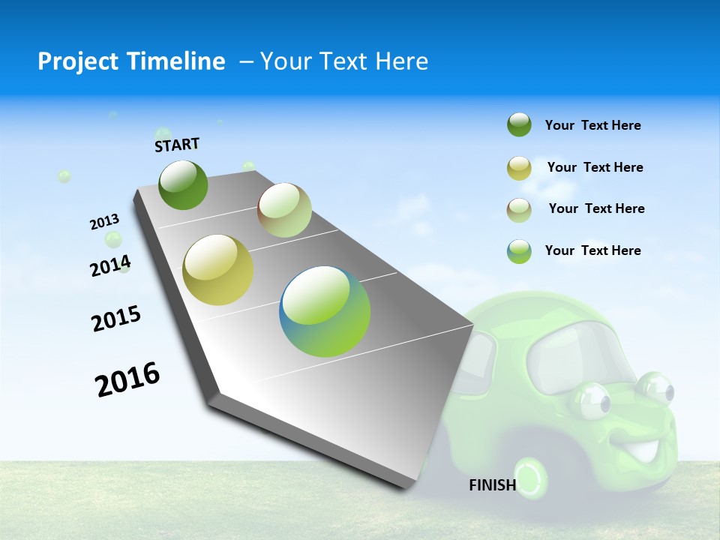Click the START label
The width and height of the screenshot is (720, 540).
pyautogui.click(x=177, y=144)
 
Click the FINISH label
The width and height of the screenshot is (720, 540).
pyautogui.click(x=492, y=485)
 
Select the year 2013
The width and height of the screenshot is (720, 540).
pyautogui.click(x=105, y=222)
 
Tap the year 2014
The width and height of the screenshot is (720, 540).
pyautogui.click(x=110, y=265)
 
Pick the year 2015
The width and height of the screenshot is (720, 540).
pyautogui.click(x=116, y=319)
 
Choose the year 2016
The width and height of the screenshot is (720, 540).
pyautogui.click(x=127, y=379)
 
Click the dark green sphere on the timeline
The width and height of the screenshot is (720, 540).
pyautogui.click(x=183, y=184)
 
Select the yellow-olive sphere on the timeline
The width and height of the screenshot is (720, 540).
pyautogui.click(x=218, y=270)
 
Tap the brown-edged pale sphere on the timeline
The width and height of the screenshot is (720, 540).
pyautogui.click(x=284, y=210)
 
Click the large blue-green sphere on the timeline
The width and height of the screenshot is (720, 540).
pyautogui.click(x=325, y=311)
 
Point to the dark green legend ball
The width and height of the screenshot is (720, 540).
pyautogui.click(x=519, y=125)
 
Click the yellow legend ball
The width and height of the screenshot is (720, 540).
pyautogui.click(x=519, y=168)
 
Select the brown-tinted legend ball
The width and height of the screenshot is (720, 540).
pyautogui.click(x=519, y=209)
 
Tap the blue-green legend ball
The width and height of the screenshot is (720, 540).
pyautogui.click(x=519, y=251)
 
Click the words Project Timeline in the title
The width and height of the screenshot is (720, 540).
pyautogui.click(x=131, y=61)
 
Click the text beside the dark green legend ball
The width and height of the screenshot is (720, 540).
pyautogui.click(x=592, y=126)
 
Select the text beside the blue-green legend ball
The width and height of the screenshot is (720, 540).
pyautogui.click(x=592, y=250)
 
